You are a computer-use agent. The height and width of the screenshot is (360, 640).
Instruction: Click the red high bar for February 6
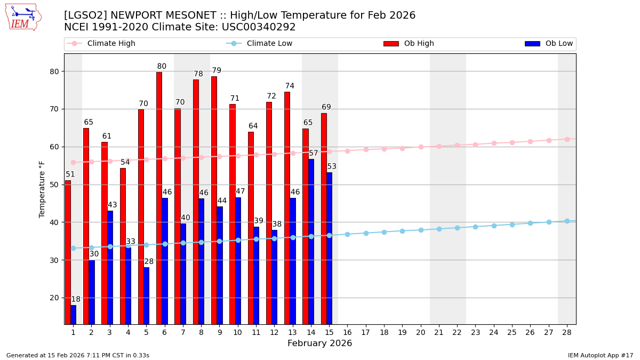tap(159, 197)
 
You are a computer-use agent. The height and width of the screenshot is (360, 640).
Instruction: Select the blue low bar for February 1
tap(73, 315)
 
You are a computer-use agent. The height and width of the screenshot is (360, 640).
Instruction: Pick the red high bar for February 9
tap(214, 200)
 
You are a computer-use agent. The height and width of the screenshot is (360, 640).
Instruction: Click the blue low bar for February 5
tap(146, 295)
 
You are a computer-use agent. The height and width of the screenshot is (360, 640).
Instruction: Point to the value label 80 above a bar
tap(162, 67)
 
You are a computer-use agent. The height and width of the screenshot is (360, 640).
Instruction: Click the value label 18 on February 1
tap(76, 300)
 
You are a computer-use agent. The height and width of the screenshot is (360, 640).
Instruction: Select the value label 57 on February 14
tap(314, 154)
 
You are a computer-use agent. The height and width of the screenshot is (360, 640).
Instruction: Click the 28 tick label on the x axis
tap(567, 332)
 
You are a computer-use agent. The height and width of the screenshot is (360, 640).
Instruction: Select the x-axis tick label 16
tap(347, 332)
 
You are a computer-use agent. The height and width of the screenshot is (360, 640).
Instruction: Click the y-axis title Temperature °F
tap(42, 189)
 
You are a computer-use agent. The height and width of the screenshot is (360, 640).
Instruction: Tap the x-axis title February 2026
tap(319, 343)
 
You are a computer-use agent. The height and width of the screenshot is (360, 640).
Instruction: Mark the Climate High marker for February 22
tap(457, 145)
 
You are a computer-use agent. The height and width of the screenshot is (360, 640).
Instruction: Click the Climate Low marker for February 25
tap(512, 225)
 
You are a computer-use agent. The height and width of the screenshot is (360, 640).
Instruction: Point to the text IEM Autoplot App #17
tap(600, 355)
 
